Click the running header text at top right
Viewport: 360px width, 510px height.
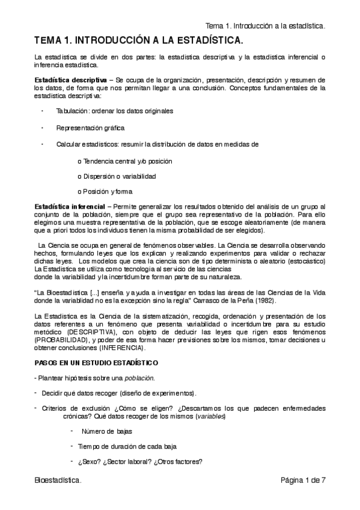[265, 26]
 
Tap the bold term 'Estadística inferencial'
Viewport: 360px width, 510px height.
[70, 207]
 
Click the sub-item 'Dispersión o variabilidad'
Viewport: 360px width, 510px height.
[117, 176]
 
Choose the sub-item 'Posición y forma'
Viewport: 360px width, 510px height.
[105, 192]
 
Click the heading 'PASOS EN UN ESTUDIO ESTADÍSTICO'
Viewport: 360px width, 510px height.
[96, 363]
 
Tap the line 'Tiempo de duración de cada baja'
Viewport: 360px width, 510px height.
[126, 446]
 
